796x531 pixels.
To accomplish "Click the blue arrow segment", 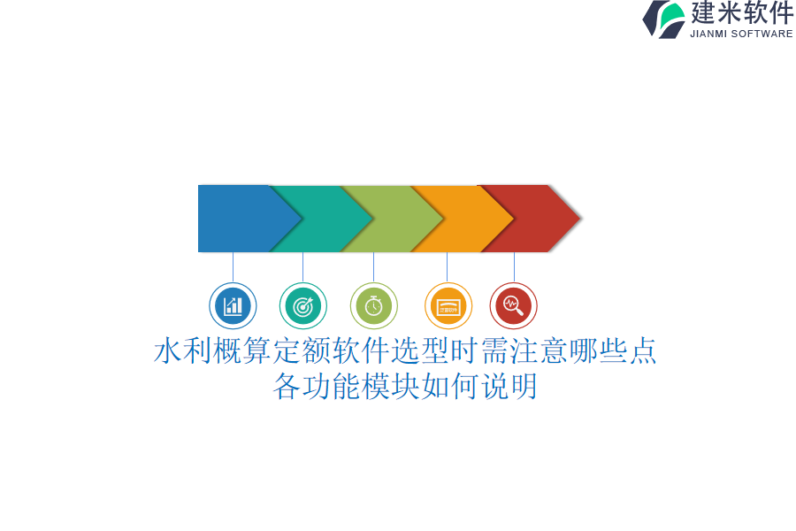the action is point(244,219).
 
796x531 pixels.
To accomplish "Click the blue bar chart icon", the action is point(233,306).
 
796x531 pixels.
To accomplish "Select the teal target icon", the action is point(303,306).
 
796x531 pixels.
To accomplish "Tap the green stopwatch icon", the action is point(373,306).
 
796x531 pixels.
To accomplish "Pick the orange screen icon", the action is point(448,306).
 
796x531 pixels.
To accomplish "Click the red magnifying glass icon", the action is point(513,306).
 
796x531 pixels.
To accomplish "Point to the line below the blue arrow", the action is point(233,267).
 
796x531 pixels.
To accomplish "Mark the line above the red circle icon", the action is point(514,267).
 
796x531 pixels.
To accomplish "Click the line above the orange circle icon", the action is point(448,267).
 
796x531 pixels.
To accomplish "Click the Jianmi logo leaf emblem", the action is point(664,19).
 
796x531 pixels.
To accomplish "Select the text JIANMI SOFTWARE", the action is point(741,34).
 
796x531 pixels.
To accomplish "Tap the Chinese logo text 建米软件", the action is point(742,12).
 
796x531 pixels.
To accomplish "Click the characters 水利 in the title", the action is point(183,351).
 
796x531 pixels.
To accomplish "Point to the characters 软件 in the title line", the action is point(361,351).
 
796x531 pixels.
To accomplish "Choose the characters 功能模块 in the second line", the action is point(361,386).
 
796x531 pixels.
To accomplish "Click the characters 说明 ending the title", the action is point(509,386).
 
